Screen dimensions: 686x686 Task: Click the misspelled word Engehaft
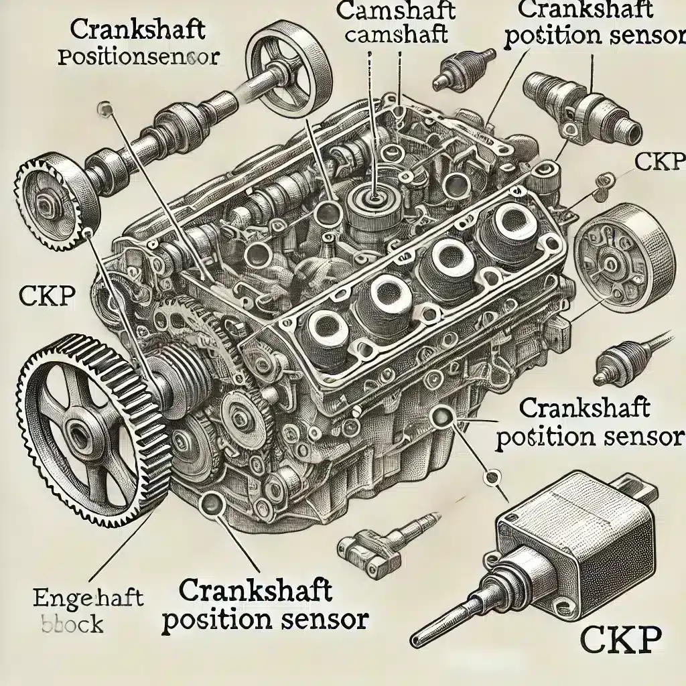[88, 597]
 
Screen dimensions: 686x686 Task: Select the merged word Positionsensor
[137, 57]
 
